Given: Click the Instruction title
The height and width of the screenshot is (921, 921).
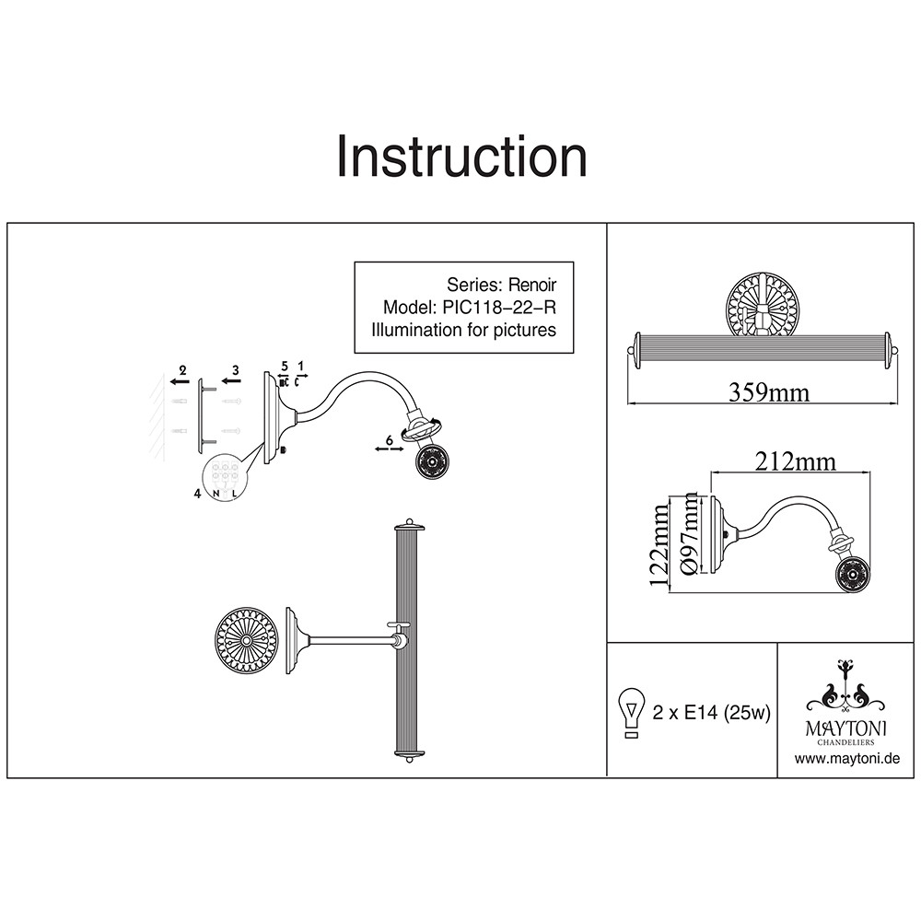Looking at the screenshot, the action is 461,157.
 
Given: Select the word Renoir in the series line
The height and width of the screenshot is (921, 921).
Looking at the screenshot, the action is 532,285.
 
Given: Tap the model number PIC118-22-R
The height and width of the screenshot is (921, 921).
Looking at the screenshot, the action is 495,308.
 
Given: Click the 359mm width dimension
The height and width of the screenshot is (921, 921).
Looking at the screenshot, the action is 769,391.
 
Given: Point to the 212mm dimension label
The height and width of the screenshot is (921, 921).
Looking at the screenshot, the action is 796,461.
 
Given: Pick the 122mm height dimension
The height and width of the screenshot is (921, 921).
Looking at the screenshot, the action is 659,544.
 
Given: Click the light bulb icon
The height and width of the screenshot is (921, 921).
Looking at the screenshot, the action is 632,713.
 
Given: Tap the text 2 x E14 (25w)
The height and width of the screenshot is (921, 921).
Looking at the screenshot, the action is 711,713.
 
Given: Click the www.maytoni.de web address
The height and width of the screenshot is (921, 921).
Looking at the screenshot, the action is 847,758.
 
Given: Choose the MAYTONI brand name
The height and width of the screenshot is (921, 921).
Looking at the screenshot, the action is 845,729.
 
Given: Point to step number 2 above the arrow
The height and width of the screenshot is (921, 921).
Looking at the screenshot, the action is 182,370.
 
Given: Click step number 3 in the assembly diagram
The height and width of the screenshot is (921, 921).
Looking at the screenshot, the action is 236,370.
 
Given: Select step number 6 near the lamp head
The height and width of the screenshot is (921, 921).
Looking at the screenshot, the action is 389,440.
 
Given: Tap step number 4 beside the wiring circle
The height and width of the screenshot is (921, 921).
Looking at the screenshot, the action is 197,494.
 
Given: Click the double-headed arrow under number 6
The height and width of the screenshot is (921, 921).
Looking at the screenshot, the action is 389,449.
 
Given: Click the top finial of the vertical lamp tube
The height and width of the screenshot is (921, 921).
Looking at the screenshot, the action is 410,522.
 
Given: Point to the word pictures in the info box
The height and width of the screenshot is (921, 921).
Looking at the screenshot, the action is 525,330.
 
